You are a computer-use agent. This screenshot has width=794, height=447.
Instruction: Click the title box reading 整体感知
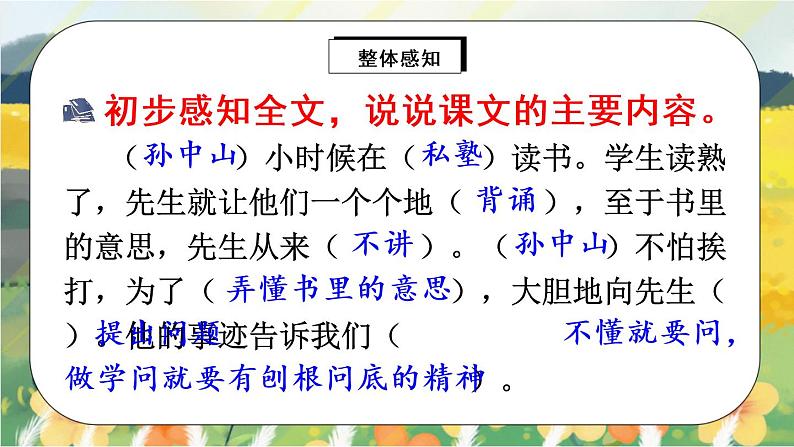[397, 56]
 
